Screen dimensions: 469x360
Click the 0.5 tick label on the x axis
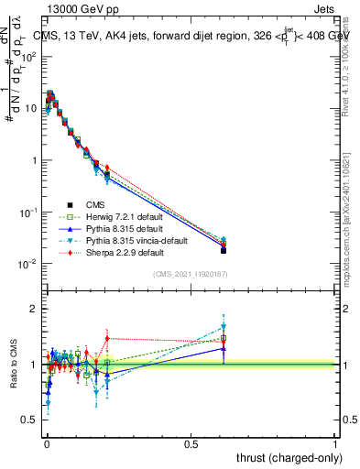[191, 443]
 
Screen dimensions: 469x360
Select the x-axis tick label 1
[335, 443]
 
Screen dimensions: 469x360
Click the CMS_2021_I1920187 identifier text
[190, 274]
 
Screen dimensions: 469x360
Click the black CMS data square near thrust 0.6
[224, 250]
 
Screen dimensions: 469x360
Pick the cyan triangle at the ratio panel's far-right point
[224, 326]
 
